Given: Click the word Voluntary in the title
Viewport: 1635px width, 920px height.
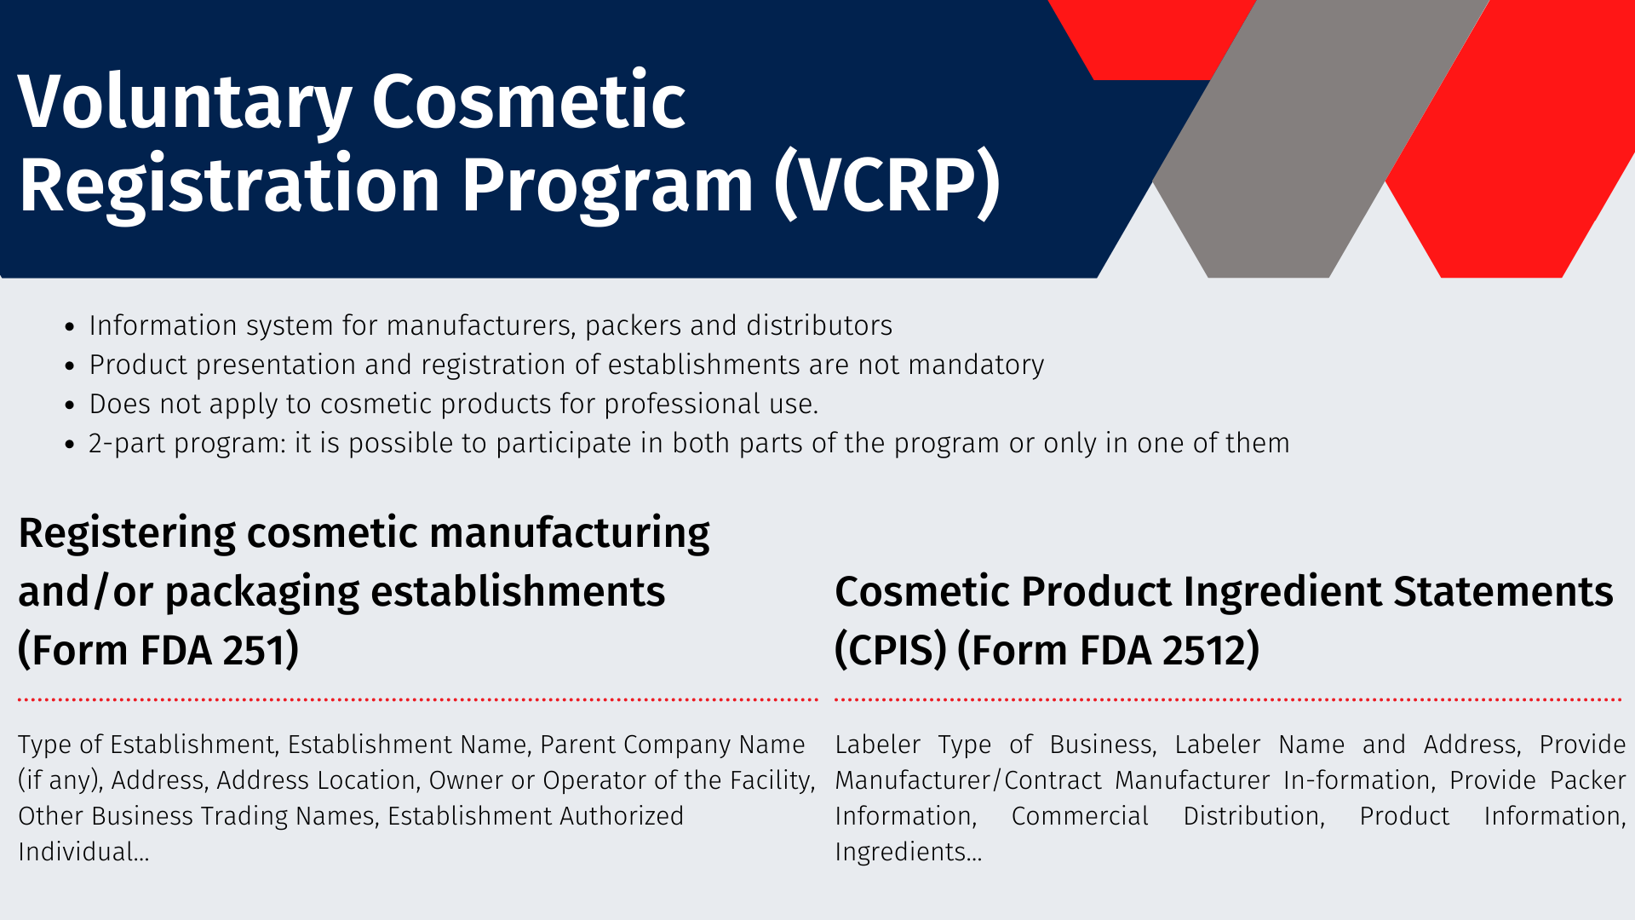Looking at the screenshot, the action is pos(185,103).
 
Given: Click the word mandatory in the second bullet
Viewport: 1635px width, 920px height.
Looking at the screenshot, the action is pos(976,365).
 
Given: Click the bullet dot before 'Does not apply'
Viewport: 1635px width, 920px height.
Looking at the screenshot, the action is pos(71,405).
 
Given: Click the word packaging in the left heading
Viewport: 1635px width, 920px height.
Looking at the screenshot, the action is pos(262,593).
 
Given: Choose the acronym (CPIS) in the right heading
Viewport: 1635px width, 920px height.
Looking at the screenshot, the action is pos(891,650).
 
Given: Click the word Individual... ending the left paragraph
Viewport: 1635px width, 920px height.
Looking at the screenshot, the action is pos(83,852).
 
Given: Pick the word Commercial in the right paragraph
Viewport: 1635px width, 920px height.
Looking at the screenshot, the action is pos(1080,816).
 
